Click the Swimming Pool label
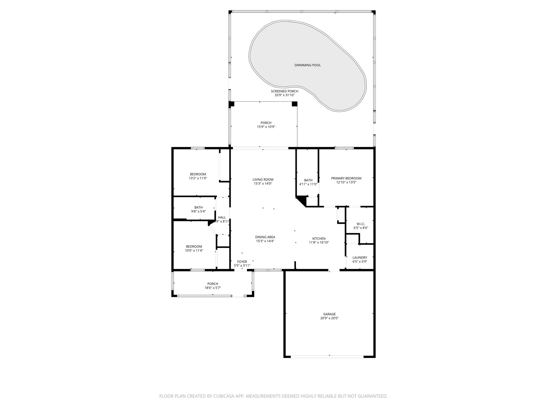[307, 65]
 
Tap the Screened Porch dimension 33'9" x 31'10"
[284, 95]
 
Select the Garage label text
[329, 314]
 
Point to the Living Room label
[263, 180]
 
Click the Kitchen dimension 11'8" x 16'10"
[319, 243]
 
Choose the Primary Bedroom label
[346, 178]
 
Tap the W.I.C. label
[361, 224]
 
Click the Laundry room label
[360, 258]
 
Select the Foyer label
[242, 262]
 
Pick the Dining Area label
[265, 237]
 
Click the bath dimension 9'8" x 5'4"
[198, 211]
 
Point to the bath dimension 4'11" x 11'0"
[308, 184]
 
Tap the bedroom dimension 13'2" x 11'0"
[198, 178]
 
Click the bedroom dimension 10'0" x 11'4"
[194, 251]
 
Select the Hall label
[222, 218]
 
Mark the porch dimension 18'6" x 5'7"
[213, 288]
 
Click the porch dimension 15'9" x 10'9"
[266, 127]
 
